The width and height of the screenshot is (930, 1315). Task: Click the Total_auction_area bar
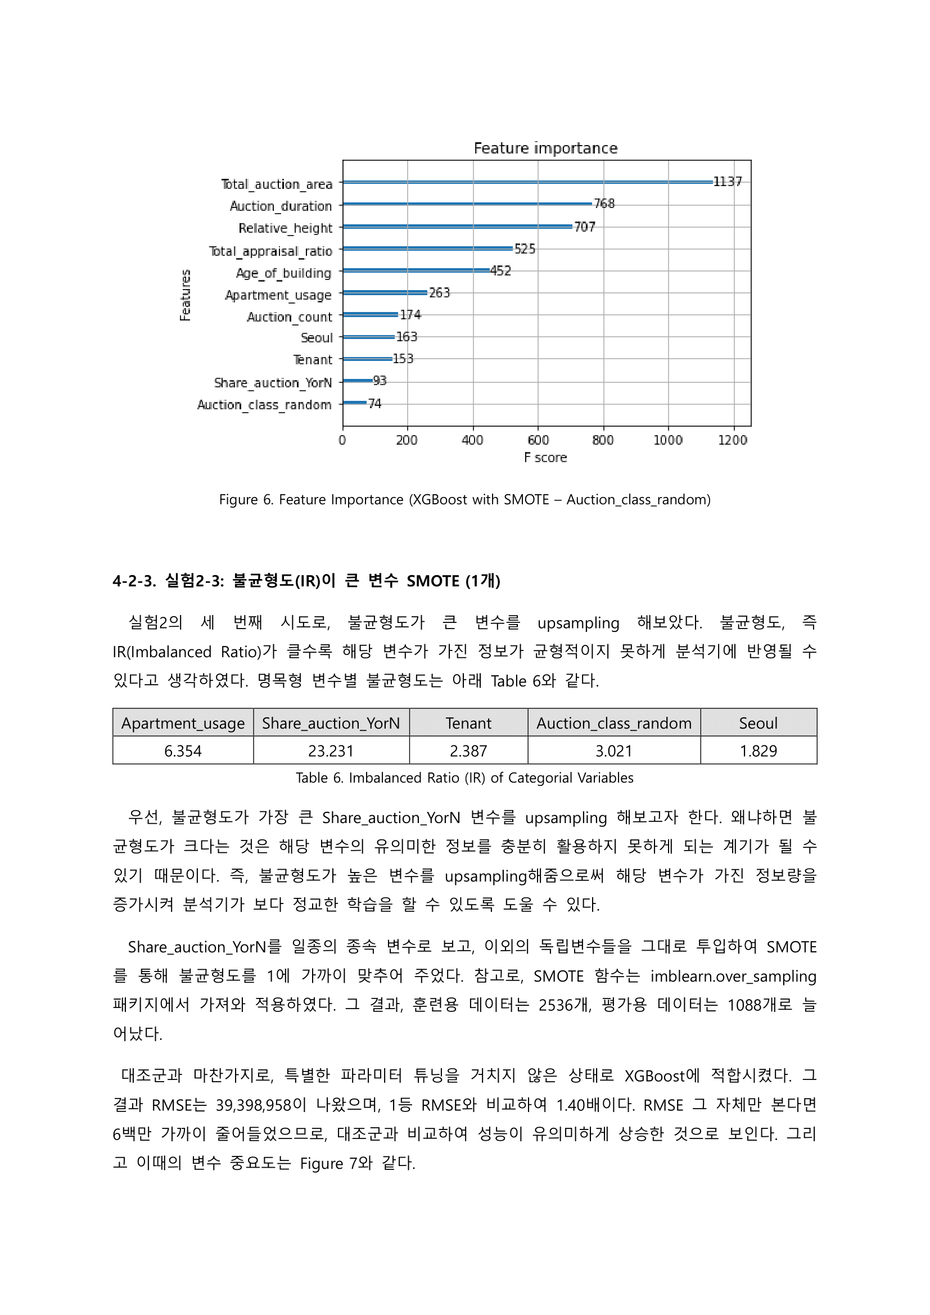[x=527, y=182]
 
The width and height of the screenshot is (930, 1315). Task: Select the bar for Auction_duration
[x=467, y=204]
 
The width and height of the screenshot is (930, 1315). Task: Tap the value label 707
[x=584, y=227]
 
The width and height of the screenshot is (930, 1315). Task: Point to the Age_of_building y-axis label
[x=283, y=273]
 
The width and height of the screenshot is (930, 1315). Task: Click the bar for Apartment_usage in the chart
[x=385, y=293]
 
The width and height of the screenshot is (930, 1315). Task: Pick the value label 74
[x=374, y=404]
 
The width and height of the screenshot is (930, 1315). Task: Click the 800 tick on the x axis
[x=602, y=440]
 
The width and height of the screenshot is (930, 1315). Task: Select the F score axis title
[x=545, y=458]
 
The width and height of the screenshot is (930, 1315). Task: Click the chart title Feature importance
[x=545, y=148]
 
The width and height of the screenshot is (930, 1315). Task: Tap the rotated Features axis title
[x=185, y=295]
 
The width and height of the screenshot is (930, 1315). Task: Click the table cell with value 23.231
[x=331, y=751]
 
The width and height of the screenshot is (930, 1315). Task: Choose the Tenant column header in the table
[x=468, y=724]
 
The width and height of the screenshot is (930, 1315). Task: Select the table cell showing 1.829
[x=758, y=751]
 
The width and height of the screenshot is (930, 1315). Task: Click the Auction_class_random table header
[x=614, y=724]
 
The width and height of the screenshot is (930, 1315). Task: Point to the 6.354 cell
[x=183, y=751]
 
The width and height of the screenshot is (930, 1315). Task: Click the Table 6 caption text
[x=464, y=778]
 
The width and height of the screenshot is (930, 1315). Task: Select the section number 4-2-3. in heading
[x=134, y=581]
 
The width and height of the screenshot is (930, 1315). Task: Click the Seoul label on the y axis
[x=317, y=338]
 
